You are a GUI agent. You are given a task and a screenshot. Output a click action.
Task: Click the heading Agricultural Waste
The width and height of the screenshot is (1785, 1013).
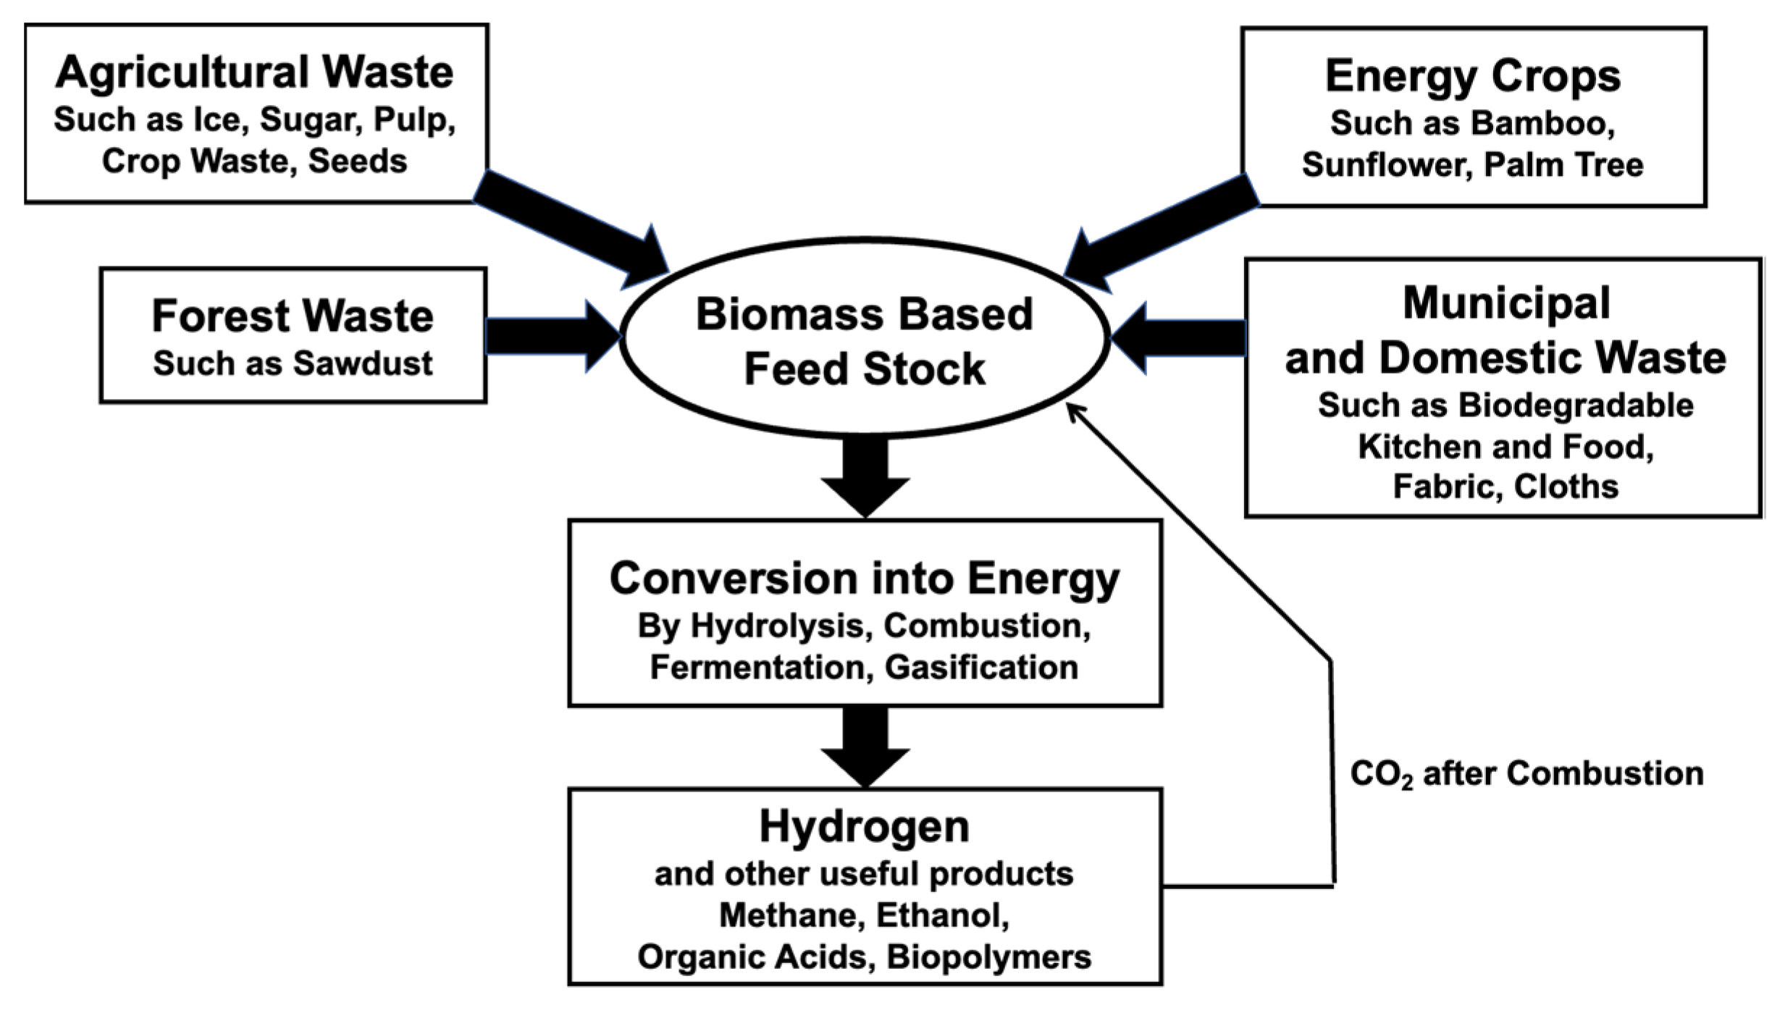[x=254, y=72]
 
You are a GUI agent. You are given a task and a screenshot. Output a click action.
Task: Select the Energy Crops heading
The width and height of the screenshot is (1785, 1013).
[x=1472, y=76]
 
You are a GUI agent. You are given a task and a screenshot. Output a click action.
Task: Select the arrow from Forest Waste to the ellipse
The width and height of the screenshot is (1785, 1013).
[x=550, y=337]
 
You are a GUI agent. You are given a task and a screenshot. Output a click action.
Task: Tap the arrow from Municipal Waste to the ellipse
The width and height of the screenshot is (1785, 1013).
[x=1180, y=338]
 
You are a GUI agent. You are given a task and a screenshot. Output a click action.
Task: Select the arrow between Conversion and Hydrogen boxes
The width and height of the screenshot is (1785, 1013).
[x=865, y=746]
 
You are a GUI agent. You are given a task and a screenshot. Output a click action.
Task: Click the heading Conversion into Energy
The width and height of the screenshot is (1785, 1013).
[x=865, y=579]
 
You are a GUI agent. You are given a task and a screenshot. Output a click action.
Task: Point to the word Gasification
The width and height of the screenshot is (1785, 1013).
[x=981, y=668]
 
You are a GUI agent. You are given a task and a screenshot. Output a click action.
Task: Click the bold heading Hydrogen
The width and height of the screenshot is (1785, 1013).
[x=864, y=826]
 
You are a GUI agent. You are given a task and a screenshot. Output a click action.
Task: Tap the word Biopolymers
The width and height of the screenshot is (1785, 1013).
[x=988, y=957]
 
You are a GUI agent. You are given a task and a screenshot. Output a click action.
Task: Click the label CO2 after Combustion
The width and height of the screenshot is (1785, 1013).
[x=1526, y=774]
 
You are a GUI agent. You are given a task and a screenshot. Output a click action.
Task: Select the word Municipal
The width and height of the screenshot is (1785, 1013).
[x=1506, y=303]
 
